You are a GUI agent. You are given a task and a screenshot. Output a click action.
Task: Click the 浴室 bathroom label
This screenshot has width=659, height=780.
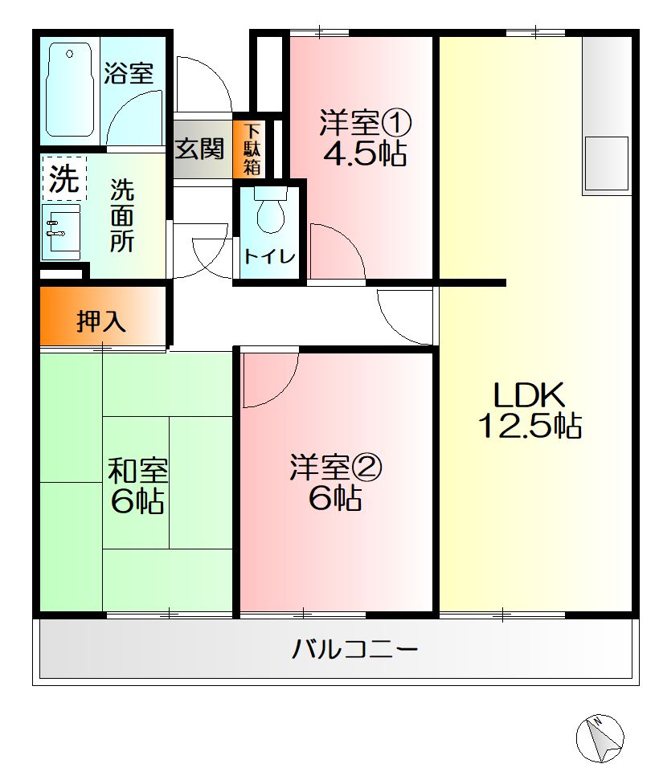coord(129,74)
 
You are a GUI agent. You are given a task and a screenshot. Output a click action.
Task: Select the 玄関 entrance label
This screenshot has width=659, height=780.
coord(199,149)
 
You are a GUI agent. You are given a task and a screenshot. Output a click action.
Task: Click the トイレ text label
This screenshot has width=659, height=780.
coord(269,258)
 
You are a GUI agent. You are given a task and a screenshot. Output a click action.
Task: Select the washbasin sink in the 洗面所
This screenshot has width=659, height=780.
coord(61,231)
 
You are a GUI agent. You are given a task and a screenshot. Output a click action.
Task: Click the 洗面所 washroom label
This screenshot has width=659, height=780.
coord(122,215)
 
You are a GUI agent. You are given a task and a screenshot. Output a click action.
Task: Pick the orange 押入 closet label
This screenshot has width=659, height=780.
coord(101,321)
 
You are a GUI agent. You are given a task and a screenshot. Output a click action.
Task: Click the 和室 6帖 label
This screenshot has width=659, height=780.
coord(137,485)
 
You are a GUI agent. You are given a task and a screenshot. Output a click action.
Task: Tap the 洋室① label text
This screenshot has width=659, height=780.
coord(365,124)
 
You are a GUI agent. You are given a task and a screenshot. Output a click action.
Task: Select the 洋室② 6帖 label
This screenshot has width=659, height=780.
coord(335,482)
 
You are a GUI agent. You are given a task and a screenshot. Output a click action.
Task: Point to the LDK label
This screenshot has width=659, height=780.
coord(530,395)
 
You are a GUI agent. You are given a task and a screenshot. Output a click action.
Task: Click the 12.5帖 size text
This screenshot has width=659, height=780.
coord(530,426)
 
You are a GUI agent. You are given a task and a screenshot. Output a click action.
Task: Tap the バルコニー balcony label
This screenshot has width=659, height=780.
coord(354,647)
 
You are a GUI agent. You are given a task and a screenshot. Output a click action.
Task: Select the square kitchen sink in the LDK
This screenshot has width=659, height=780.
coord(605,164)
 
